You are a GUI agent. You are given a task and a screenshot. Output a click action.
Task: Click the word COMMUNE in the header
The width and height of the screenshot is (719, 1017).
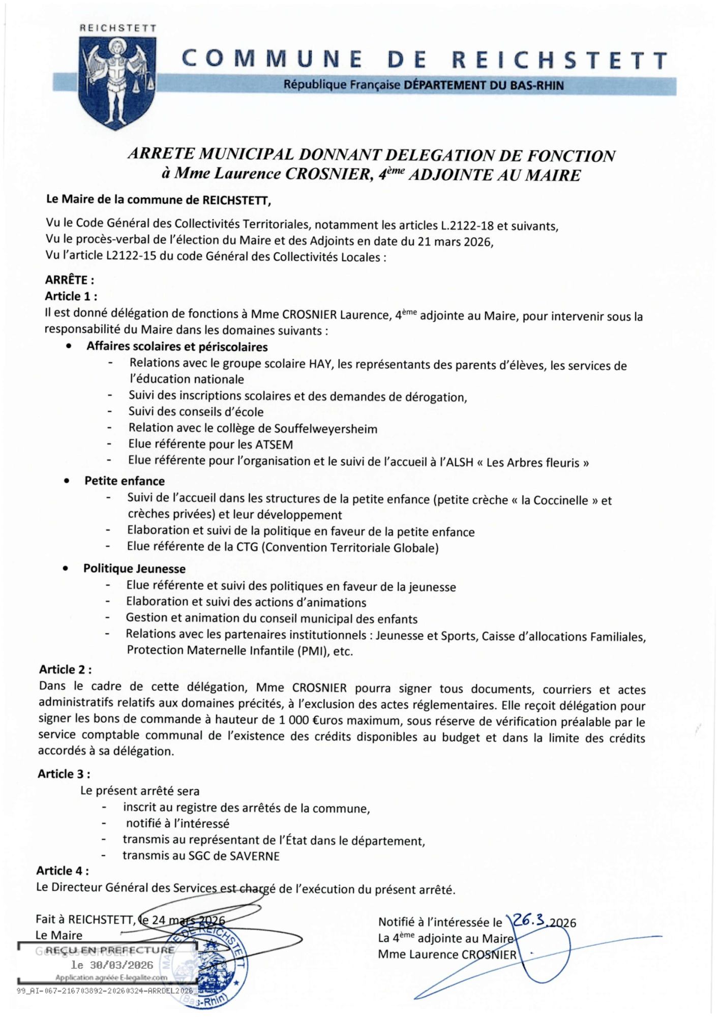point(272,59)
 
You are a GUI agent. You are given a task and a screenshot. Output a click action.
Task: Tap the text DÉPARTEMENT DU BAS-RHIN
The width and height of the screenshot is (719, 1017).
point(484,85)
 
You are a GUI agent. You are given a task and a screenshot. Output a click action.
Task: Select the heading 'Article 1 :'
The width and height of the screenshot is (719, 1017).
point(71,296)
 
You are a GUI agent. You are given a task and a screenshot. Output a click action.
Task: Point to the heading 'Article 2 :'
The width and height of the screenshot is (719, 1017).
point(65,669)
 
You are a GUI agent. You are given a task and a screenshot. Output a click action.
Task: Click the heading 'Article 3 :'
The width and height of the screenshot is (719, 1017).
point(64,774)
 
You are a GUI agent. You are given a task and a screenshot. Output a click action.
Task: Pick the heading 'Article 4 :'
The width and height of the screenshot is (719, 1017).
point(63,871)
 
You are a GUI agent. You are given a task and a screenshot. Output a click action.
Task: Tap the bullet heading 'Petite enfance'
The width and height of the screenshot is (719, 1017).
point(125,481)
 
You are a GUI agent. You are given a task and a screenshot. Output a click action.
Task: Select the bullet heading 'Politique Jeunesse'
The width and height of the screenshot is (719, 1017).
point(134,569)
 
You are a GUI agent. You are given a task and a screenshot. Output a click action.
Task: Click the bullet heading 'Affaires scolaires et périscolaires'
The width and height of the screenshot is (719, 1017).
point(177,347)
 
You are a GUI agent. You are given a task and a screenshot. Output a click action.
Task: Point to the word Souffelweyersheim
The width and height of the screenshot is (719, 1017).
point(325,429)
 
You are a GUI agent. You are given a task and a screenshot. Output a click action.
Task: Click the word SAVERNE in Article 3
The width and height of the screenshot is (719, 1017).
point(255,856)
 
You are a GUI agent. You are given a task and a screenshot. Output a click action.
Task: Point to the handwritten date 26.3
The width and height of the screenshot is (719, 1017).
point(529,920)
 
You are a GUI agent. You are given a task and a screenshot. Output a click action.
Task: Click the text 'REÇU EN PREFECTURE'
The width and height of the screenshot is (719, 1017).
point(110,950)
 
